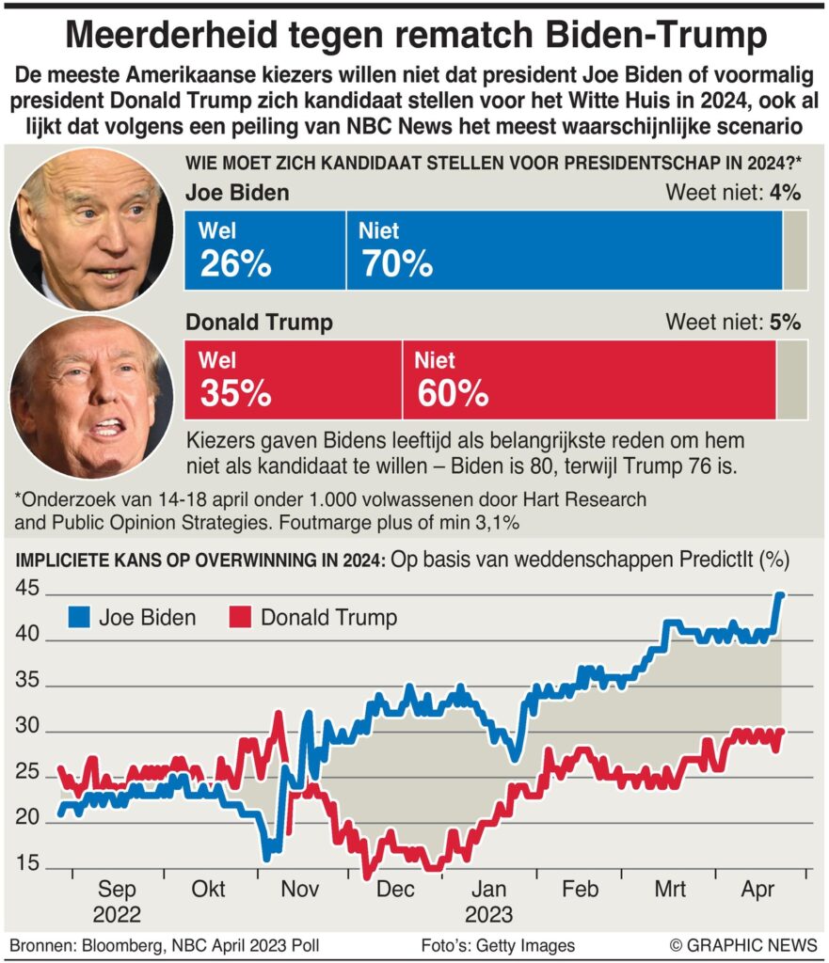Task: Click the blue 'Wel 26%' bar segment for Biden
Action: (265, 250)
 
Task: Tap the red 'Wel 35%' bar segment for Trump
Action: (294, 379)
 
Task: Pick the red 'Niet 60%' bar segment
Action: (589, 379)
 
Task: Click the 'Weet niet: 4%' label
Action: (733, 194)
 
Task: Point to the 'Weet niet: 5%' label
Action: (733, 322)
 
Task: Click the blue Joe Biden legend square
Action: (80, 618)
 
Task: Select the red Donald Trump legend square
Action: (241, 618)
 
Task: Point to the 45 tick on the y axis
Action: (27, 590)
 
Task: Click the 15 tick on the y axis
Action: (27, 864)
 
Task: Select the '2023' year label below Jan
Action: (487, 914)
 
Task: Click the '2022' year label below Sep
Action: (117, 914)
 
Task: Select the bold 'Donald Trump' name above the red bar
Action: (259, 323)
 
